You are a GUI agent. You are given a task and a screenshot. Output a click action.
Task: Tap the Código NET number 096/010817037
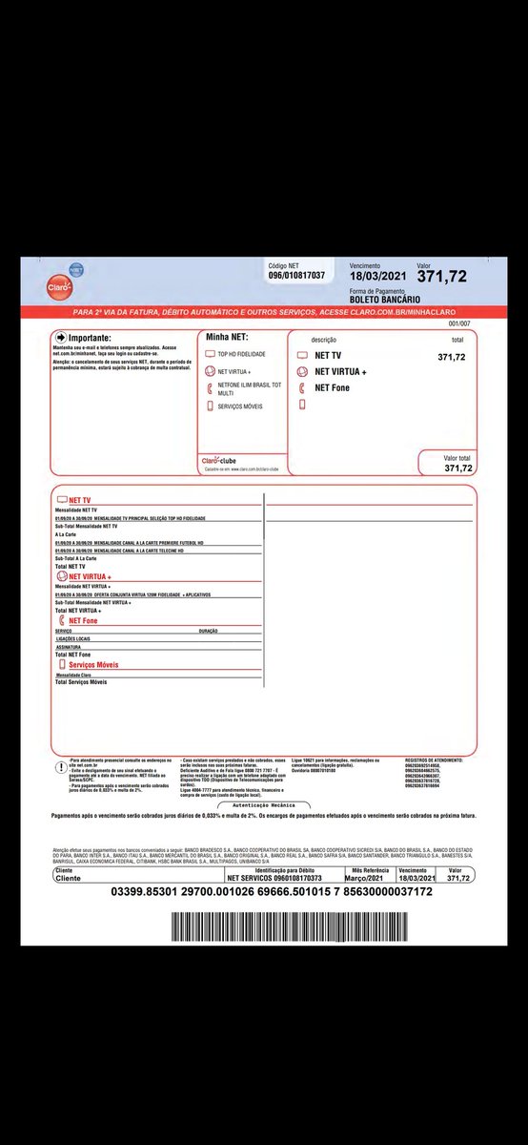[x=296, y=276]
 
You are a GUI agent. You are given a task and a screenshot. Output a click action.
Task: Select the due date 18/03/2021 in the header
[x=378, y=277]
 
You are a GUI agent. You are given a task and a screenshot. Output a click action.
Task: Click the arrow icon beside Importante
[x=62, y=338]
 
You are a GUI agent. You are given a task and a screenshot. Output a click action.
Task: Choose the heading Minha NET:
[x=226, y=338]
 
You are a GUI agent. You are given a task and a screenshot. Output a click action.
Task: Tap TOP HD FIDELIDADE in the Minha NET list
[x=241, y=354]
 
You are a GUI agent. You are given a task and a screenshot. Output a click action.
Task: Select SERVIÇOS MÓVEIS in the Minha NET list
[x=240, y=406]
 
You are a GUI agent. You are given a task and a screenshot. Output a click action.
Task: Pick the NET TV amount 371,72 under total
[x=451, y=357]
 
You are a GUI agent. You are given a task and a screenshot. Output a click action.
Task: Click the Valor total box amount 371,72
[x=457, y=468]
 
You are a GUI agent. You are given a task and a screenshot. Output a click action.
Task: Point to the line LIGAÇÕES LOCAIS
[x=72, y=637]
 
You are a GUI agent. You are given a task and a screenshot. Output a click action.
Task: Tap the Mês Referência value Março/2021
[x=371, y=877]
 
